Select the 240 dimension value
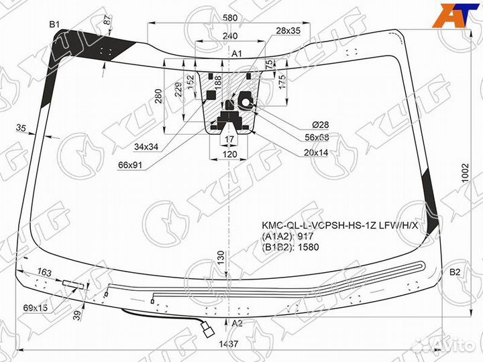click(x=229, y=36)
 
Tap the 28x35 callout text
click(x=288, y=31)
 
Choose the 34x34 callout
click(x=146, y=146)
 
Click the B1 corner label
click(x=54, y=25)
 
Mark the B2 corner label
click(x=454, y=272)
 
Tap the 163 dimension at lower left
click(x=44, y=272)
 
